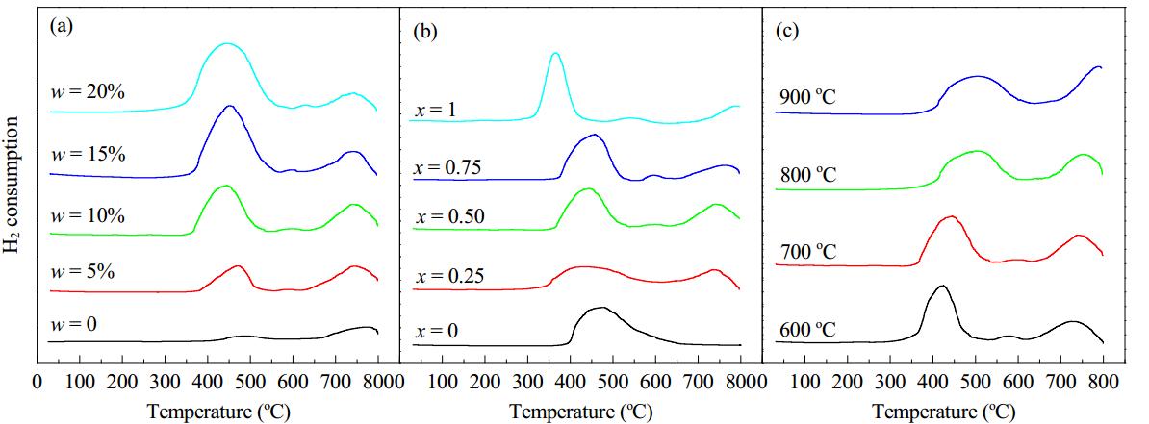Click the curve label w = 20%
tap(88, 93)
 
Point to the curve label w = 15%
tap(88, 155)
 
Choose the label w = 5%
tap(84, 272)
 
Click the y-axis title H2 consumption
tap(13, 195)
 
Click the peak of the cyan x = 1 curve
tap(554, 53)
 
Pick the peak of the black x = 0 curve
tap(602, 308)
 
